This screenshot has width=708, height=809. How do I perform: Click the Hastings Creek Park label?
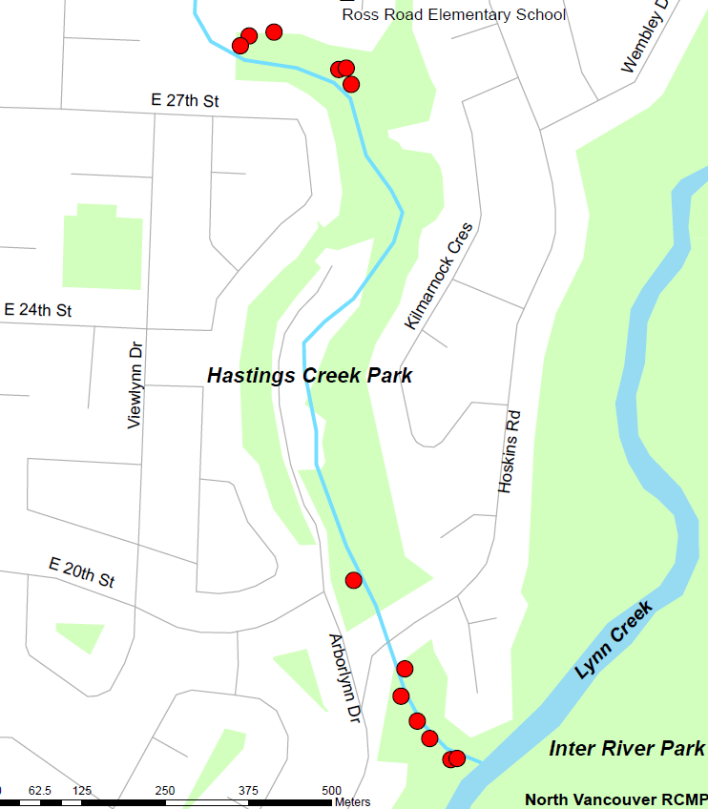(x=310, y=376)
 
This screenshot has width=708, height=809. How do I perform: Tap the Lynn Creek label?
(x=614, y=640)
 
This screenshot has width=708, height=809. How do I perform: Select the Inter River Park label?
(x=627, y=748)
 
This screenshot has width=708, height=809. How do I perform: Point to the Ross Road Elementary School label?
(x=453, y=15)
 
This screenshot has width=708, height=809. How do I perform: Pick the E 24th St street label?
(x=38, y=310)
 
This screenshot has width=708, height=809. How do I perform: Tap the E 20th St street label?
(x=82, y=573)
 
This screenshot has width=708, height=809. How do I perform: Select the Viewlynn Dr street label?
(x=135, y=385)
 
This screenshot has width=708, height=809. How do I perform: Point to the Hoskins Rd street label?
(x=510, y=451)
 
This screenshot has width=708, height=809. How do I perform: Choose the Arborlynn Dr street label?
(x=344, y=677)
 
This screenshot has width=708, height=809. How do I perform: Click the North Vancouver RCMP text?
(x=615, y=799)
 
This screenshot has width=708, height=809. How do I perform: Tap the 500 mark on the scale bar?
(x=332, y=791)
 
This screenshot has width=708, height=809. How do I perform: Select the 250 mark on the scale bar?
(x=165, y=791)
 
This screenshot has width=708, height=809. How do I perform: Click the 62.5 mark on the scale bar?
(x=40, y=791)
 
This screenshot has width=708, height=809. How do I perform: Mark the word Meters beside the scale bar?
(x=352, y=802)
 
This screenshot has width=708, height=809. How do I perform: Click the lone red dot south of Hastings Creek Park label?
(x=354, y=580)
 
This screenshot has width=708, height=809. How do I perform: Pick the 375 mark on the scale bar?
(x=248, y=791)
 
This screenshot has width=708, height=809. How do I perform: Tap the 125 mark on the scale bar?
(x=82, y=791)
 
